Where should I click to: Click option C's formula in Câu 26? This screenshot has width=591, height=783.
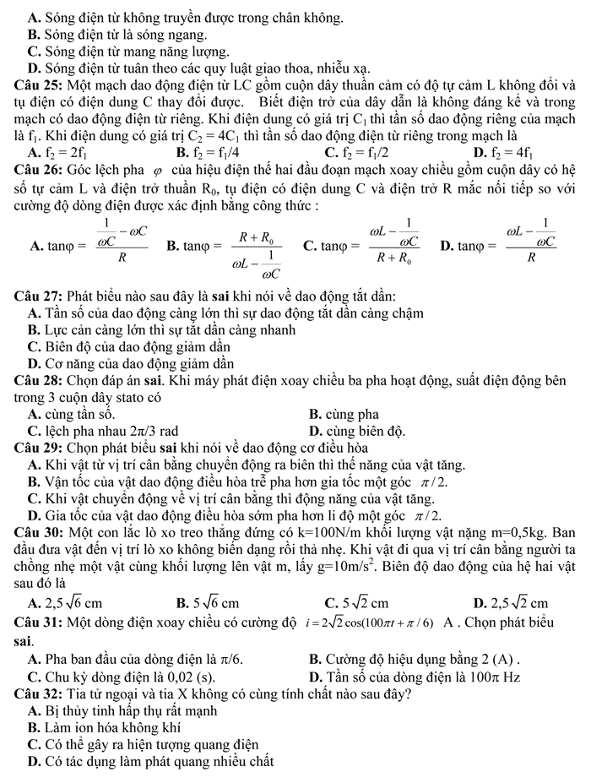[x=372, y=246]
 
